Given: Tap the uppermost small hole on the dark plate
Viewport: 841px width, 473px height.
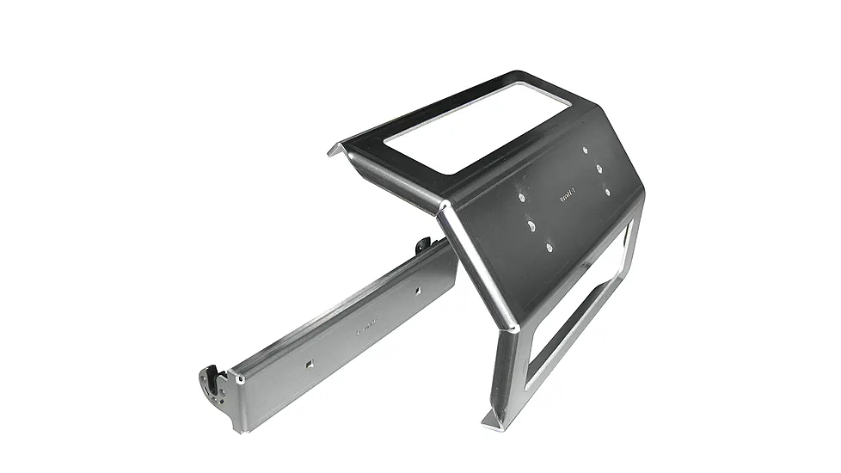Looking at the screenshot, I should [586, 150].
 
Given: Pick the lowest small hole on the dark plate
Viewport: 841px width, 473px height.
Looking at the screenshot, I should [549, 248].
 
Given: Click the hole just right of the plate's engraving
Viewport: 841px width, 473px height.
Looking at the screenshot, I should [607, 191].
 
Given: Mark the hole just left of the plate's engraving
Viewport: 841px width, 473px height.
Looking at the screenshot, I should [521, 196].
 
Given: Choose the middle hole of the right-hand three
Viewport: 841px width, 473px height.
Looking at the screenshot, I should [599, 169].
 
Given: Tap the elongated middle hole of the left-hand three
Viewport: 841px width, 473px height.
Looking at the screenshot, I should [532, 225].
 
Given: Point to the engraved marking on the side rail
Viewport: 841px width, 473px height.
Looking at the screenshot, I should [365, 328].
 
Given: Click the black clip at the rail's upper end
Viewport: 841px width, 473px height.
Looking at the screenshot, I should [423, 246].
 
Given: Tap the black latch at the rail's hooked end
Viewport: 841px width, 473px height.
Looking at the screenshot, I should [211, 379].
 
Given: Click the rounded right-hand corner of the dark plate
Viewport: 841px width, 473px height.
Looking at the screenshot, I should [637, 193].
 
